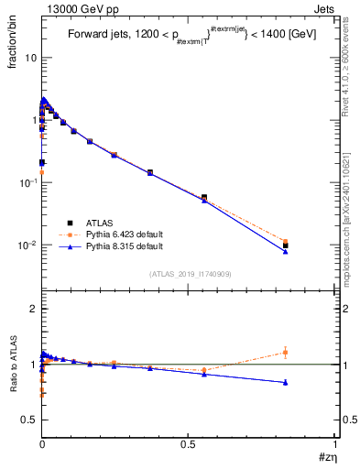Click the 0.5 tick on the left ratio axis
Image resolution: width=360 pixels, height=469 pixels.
28,420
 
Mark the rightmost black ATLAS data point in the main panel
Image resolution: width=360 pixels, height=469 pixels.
286,245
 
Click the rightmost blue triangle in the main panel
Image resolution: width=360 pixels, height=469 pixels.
286,251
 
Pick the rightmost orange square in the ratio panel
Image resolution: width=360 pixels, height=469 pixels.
286,353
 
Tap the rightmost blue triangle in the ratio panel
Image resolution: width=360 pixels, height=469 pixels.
286,382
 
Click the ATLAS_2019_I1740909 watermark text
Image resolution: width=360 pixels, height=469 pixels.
189,274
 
